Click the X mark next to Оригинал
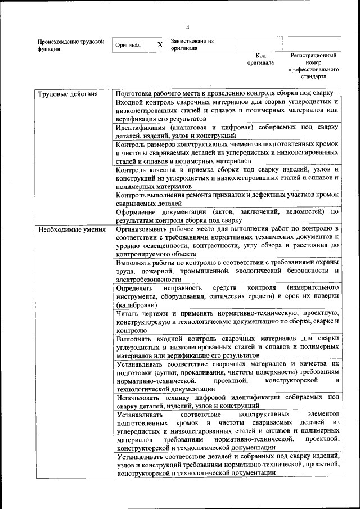(160, 44)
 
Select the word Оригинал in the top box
(127, 45)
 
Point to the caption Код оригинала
(260, 59)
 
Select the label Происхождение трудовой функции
(70, 45)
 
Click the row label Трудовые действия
(68, 94)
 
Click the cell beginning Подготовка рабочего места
(225, 94)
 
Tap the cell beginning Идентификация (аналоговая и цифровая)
(227, 131)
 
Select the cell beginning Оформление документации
(227, 216)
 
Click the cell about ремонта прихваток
(227, 199)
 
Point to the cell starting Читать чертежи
(227, 321)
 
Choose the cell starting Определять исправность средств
(227, 296)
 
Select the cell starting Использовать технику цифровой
(227, 401)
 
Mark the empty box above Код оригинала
(260, 44)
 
